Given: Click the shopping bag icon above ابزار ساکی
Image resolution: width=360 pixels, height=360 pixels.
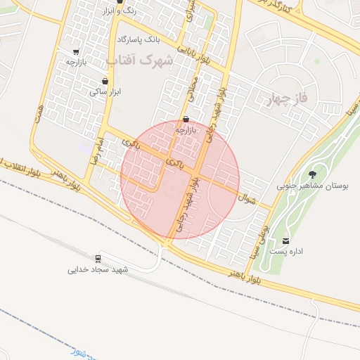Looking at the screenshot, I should pyautogui.click(x=105, y=82).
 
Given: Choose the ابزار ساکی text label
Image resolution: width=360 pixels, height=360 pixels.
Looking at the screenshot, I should pyautogui.click(x=105, y=92).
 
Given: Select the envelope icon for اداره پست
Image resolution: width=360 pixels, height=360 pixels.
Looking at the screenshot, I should pyautogui.click(x=286, y=241).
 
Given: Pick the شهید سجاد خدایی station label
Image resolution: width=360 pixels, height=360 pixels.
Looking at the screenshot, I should pyautogui.click(x=98, y=269).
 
